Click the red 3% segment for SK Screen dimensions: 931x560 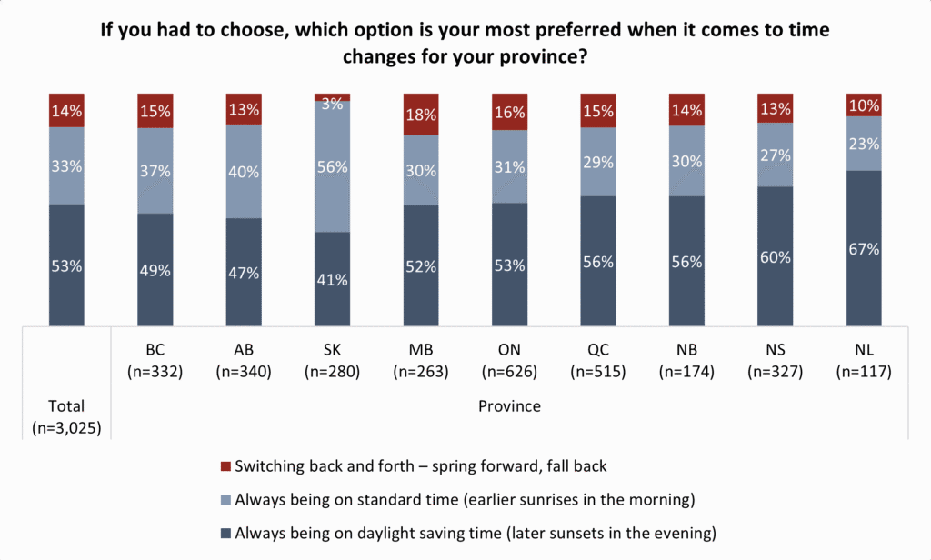(332, 97)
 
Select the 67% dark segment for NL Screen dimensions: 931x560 (864, 248)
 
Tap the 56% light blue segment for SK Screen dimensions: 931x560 (332, 167)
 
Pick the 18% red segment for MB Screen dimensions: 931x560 (421, 114)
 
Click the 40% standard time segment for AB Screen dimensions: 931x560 (244, 172)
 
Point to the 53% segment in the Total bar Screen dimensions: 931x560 (66, 265)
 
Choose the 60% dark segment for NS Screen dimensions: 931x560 (775, 256)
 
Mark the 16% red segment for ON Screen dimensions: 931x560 (509, 112)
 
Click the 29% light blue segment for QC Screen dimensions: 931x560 (598, 162)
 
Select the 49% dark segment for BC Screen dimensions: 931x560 (155, 270)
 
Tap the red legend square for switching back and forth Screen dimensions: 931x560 (225, 466)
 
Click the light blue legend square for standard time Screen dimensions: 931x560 (225, 500)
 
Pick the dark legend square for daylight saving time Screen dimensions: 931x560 (225, 534)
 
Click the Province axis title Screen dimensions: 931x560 (509, 406)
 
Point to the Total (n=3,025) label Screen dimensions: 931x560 (66, 417)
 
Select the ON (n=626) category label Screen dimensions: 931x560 (509, 361)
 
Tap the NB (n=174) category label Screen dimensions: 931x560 (686, 361)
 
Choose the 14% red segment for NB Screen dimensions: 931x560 (686, 110)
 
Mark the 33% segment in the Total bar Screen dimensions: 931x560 (66, 165)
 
